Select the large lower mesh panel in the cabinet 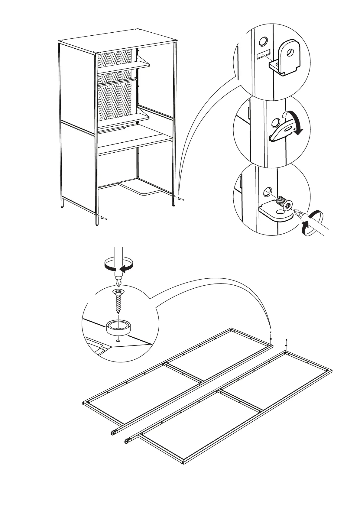[x=115, y=101]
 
